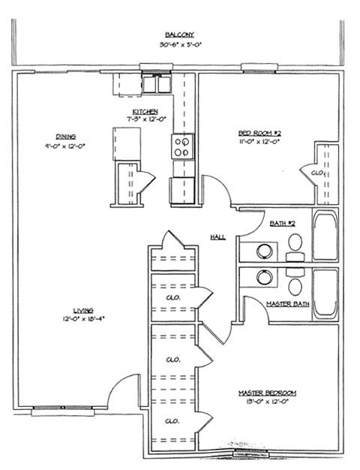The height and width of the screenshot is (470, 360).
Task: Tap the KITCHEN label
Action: (145, 111)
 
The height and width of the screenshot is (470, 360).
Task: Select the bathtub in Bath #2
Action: (325, 236)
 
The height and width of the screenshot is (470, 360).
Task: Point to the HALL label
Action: (218, 237)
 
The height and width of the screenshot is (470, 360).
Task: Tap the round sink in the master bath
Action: (265, 277)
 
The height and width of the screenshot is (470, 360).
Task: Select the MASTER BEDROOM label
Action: (268, 393)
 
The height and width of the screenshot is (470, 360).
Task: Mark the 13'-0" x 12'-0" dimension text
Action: (268, 402)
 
